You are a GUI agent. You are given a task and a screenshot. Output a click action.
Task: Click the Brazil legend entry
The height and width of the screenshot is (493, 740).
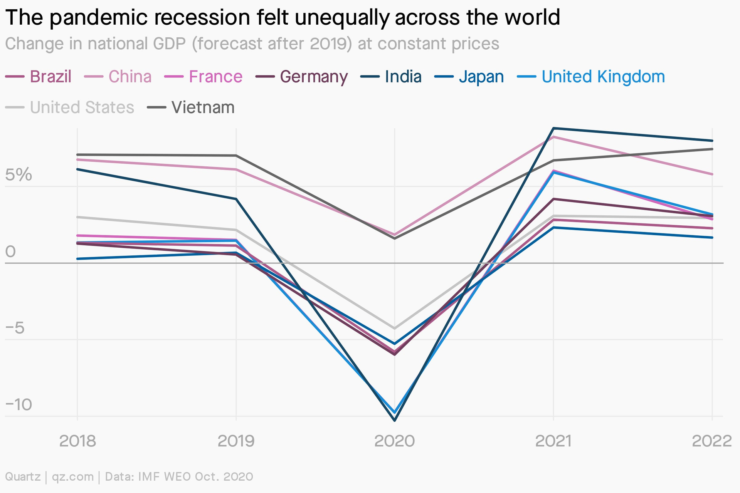point(39,77)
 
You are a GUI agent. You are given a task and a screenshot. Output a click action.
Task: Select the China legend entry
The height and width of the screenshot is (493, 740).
point(118,77)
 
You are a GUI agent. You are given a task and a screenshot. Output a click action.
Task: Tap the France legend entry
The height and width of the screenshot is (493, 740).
point(203,77)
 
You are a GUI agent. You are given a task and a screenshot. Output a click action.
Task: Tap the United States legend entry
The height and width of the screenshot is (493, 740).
point(70,107)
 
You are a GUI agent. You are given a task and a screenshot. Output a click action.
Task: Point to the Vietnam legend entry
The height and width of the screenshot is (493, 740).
point(191,107)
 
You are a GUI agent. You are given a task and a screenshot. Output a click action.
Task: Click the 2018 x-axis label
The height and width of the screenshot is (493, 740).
point(77,441)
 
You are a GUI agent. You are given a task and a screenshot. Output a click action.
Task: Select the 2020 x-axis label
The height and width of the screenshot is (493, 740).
point(395,441)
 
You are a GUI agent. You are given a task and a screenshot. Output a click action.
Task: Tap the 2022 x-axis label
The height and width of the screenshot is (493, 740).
point(711,441)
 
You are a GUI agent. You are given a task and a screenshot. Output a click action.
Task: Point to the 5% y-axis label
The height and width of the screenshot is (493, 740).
point(18,175)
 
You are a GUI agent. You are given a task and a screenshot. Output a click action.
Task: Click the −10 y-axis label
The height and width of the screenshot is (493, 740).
point(18,405)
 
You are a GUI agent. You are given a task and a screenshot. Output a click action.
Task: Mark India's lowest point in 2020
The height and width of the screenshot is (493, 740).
point(395,420)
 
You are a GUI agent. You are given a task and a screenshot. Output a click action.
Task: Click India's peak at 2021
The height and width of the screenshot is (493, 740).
point(553,128)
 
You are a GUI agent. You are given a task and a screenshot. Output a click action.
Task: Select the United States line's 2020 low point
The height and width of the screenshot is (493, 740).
point(395,329)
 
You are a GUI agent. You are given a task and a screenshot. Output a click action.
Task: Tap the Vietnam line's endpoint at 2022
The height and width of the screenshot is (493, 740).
point(712,149)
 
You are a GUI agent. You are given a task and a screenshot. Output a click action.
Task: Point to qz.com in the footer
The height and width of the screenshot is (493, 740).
point(73,477)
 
